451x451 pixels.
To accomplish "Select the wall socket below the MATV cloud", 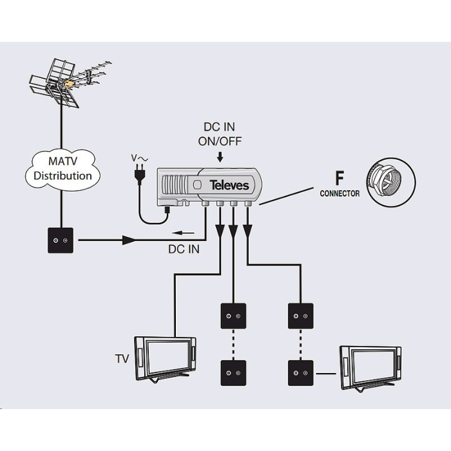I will coord(60,241).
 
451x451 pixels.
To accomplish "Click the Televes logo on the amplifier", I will coord(229,186).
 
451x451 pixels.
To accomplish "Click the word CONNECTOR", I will coord(340,193).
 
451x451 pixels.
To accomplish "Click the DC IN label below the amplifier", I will coord(184,249).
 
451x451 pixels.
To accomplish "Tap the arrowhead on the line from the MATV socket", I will coord(129,240).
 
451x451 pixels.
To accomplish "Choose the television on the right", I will coord(371,367).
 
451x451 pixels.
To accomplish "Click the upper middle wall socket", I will coord(233,316).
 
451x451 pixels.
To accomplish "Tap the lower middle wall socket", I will coord(233,372).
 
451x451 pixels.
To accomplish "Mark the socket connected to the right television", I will coord(300,372).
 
